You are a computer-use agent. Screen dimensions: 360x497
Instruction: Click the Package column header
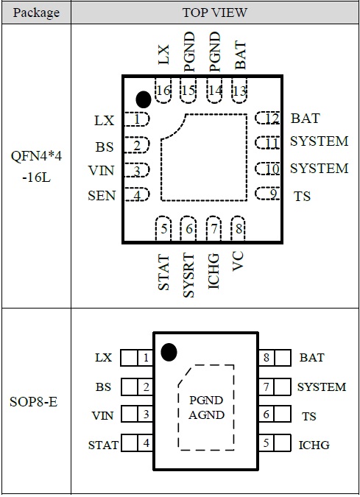(x=36, y=13)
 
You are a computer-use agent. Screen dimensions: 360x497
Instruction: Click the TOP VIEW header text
(x=214, y=13)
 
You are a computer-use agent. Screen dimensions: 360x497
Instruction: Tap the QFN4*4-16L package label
(x=37, y=166)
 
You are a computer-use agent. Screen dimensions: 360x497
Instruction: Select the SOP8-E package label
(x=34, y=402)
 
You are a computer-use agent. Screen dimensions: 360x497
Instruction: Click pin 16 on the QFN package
(x=163, y=91)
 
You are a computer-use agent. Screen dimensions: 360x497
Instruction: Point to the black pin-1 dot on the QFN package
(x=144, y=99)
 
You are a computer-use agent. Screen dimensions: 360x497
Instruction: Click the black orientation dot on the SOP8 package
(x=169, y=352)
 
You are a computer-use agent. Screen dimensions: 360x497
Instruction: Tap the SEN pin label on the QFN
(x=102, y=196)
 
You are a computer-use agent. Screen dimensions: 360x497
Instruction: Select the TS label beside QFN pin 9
(x=302, y=196)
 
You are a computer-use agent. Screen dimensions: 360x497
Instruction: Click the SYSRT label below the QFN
(x=189, y=275)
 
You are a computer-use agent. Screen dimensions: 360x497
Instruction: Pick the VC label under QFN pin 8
(x=238, y=261)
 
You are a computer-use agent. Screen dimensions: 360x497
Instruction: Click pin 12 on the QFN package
(x=268, y=119)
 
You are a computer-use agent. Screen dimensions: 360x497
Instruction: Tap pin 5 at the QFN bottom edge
(x=163, y=228)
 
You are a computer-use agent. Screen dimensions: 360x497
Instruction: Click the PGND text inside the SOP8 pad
(x=206, y=400)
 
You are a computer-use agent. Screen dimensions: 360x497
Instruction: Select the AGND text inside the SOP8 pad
(x=206, y=415)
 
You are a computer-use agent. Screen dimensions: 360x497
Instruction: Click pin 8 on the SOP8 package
(x=275, y=358)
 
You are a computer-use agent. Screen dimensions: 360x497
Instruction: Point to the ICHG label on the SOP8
(x=314, y=445)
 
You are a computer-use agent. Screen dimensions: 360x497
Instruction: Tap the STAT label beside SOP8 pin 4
(x=103, y=445)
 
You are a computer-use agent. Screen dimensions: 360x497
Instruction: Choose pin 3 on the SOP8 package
(x=137, y=415)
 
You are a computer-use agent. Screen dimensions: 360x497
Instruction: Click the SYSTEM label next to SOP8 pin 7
(x=322, y=387)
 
